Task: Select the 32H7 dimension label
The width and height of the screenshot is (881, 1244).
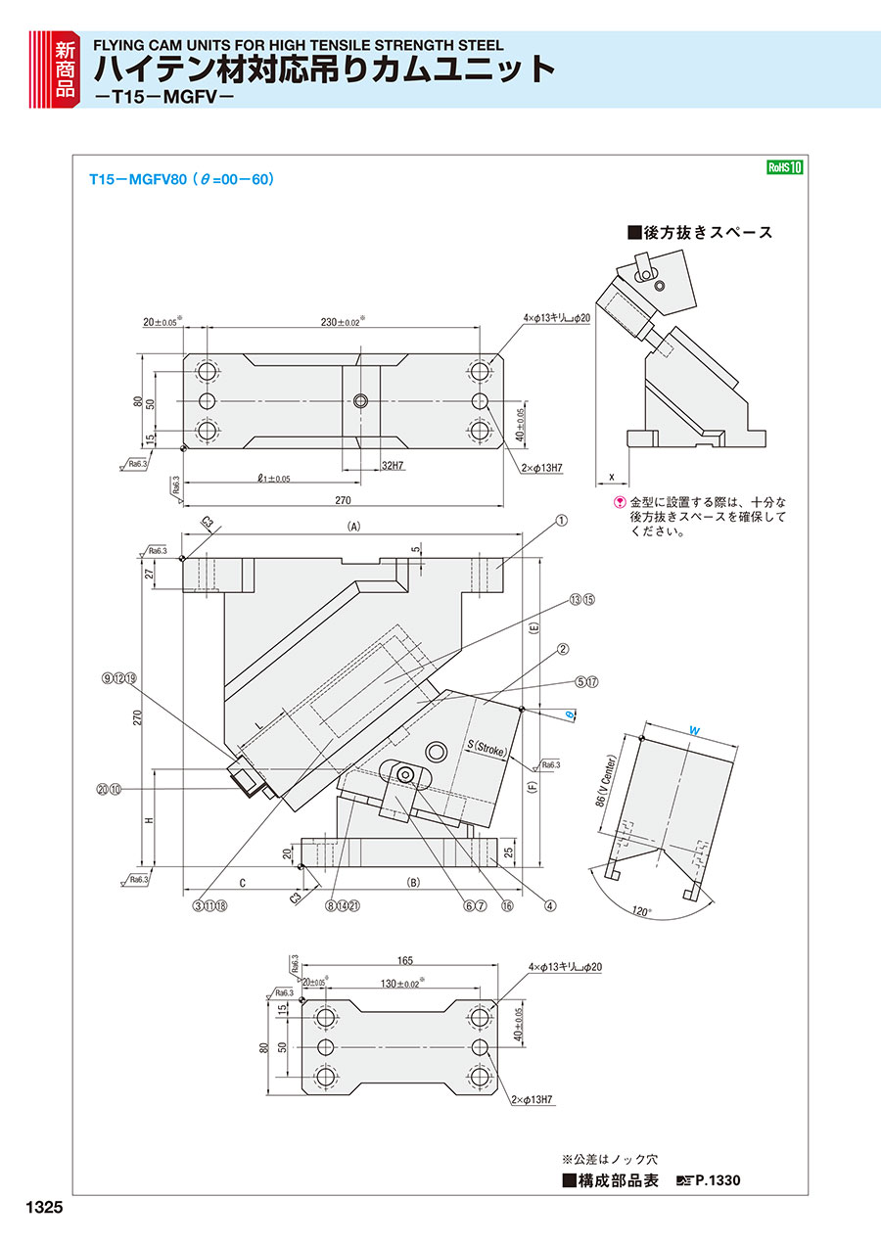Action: [x=394, y=465]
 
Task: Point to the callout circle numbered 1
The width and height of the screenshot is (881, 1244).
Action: [x=562, y=522]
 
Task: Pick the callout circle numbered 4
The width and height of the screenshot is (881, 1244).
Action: [x=550, y=905]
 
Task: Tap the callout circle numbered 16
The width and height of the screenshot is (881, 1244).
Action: [x=507, y=905]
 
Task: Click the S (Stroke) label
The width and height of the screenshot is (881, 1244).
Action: [x=487, y=749]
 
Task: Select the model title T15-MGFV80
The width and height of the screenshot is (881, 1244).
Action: [x=131, y=180]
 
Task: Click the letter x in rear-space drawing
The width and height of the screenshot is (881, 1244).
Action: [x=611, y=477]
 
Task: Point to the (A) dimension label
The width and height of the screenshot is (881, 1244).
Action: [x=354, y=526]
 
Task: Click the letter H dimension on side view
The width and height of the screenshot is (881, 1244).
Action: [x=148, y=820]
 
